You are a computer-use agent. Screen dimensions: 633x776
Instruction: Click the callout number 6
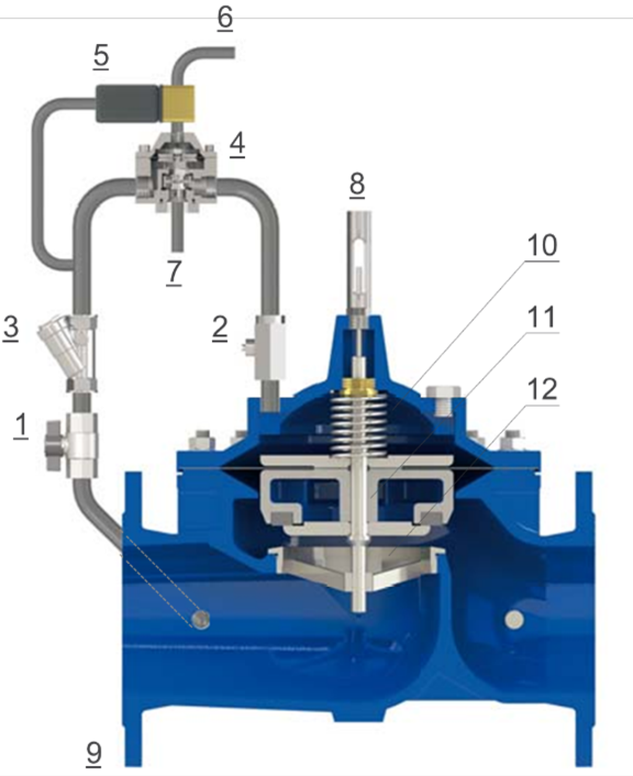[225, 17]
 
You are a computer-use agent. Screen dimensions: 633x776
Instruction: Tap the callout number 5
[101, 55]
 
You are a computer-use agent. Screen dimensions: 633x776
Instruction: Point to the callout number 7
[174, 272]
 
